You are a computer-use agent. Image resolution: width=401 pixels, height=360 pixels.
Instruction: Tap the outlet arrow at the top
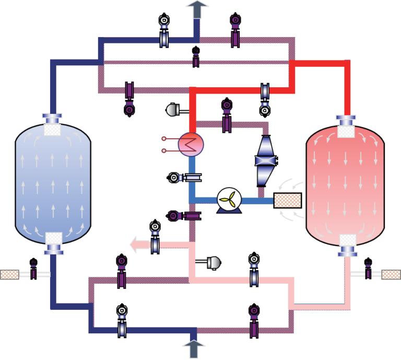click(x=198, y=9)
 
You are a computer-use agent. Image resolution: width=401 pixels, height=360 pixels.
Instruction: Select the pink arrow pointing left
click(x=138, y=244)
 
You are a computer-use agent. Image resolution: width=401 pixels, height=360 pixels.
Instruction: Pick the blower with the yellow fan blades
click(x=228, y=200)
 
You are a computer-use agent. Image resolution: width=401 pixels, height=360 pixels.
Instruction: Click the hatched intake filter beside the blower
click(x=288, y=200)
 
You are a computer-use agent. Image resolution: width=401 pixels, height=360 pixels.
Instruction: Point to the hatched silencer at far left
click(x=9, y=274)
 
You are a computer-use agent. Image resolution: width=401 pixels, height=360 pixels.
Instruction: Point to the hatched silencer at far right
click(x=391, y=274)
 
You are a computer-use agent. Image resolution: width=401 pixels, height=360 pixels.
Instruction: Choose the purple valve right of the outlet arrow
click(x=235, y=30)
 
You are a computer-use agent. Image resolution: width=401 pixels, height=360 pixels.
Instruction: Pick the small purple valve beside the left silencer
click(x=34, y=268)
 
